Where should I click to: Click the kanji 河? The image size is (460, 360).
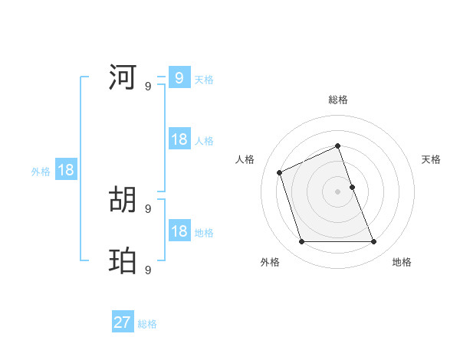[x=123, y=77]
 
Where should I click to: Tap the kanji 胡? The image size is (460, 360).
[x=123, y=200]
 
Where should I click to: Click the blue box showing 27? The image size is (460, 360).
[x=123, y=322]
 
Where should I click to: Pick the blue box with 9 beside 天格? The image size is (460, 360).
[x=179, y=77]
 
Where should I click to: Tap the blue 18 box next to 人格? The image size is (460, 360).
[x=179, y=139]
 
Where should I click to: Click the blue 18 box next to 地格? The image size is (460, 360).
[x=179, y=231]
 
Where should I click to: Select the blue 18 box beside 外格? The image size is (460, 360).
[x=66, y=170]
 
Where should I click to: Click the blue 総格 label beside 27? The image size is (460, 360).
[x=147, y=324]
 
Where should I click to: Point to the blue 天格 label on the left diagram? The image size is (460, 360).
[x=204, y=79]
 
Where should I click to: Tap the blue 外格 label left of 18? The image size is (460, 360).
[x=41, y=172]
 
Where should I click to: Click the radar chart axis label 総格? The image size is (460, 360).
[x=338, y=100]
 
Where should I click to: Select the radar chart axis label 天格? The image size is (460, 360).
[x=432, y=159]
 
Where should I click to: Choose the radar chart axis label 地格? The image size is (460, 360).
[x=402, y=262]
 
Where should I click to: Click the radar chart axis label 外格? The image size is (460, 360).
[x=270, y=262]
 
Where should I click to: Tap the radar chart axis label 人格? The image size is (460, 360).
[x=245, y=159]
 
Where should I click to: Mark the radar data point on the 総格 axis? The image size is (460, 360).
[x=337, y=146]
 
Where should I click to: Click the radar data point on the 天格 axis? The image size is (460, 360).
[x=352, y=187]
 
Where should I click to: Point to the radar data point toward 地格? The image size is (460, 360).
[x=374, y=242]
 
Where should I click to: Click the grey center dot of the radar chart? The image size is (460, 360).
[x=337, y=191]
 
